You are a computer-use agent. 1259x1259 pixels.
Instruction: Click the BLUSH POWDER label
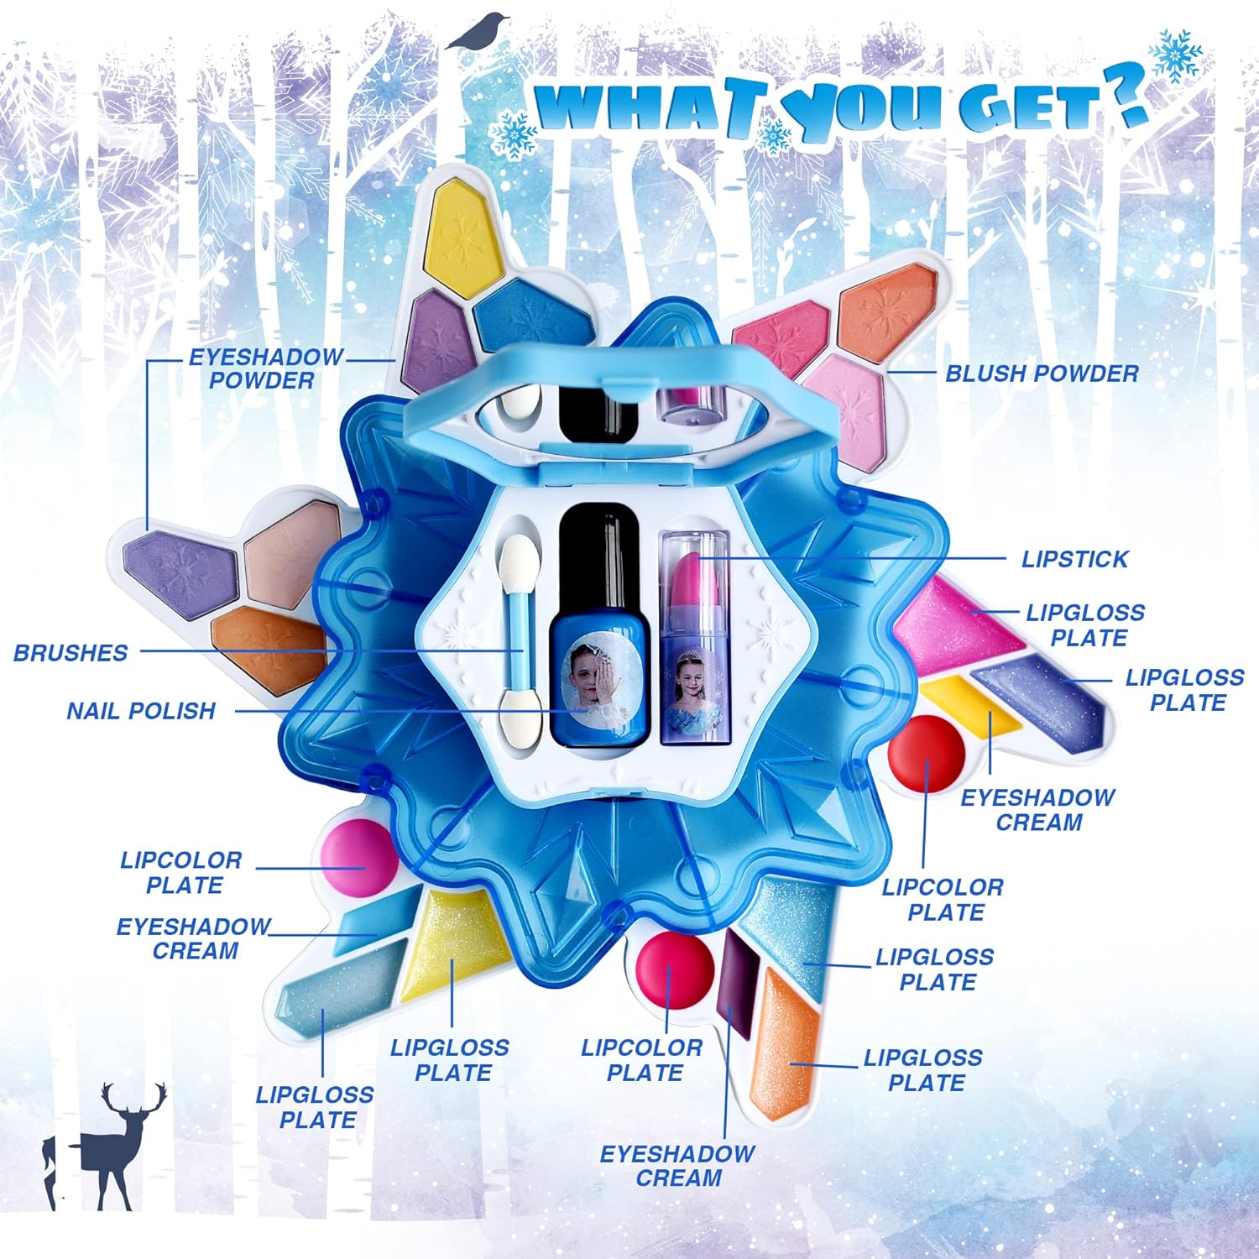pos(1042,374)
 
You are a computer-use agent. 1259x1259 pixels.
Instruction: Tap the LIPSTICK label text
pos(1074,559)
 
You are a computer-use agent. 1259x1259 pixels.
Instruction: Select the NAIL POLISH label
pos(141,711)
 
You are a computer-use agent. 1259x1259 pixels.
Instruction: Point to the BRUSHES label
pos(71,653)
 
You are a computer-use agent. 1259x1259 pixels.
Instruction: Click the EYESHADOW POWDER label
pos(264,368)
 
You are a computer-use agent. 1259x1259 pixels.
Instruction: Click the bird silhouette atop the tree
pos(479,31)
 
